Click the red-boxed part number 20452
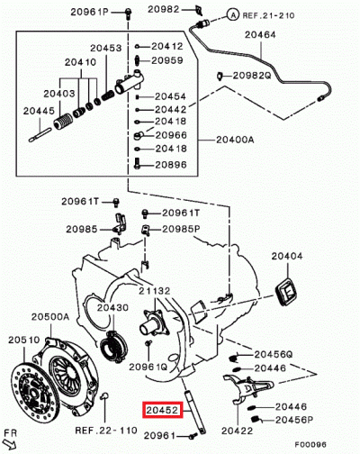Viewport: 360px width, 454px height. [x=162, y=409]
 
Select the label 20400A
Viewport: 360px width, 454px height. [x=237, y=141]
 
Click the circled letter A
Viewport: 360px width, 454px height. [x=233, y=15]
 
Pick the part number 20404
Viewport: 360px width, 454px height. [x=289, y=257]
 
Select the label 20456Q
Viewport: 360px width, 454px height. [x=274, y=355]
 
